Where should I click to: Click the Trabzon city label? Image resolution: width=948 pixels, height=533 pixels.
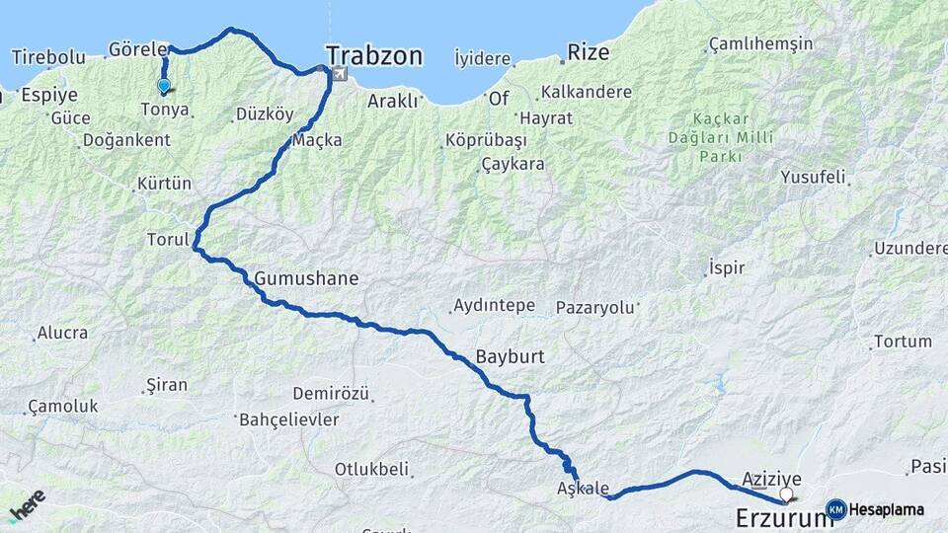[374, 55]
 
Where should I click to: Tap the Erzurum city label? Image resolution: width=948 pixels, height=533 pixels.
[778, 517]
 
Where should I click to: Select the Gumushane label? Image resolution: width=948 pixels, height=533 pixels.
[306, 279]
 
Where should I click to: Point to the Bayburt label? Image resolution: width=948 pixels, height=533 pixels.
[511, 355]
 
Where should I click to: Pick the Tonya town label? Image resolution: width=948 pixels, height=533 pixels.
[165, 110]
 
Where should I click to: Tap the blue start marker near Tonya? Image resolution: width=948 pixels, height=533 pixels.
[164, 86]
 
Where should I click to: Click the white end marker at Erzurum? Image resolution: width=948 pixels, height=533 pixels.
[786, 495]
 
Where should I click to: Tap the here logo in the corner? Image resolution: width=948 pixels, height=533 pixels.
[26, 506]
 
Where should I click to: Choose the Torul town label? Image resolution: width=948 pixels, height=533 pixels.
[167, 239]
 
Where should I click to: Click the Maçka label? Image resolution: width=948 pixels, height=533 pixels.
[317, 140]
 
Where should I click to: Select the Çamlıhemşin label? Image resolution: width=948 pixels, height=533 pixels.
[760, 44]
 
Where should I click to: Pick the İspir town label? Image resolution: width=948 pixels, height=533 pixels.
[726, 267]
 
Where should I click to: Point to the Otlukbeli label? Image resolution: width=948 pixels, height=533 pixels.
[371, 470]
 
